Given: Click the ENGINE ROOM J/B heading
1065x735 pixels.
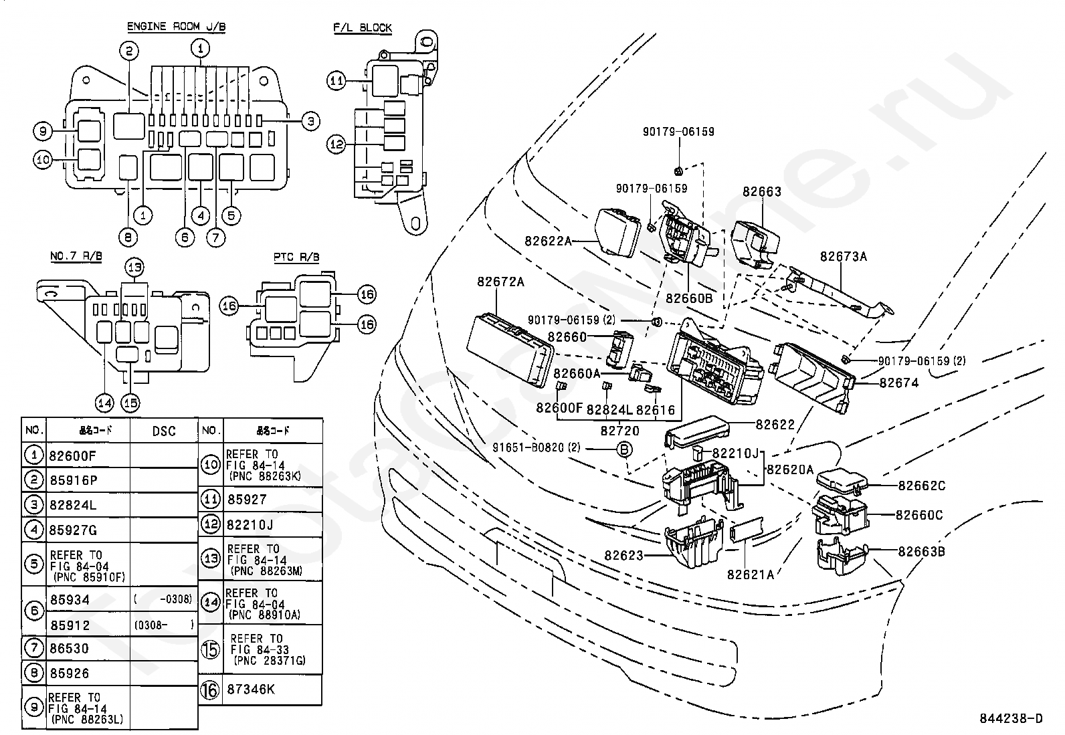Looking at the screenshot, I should click(x=177, y=27).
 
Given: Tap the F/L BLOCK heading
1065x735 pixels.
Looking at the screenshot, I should click(x=363, y=27).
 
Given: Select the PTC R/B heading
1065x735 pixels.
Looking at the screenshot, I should click(x=296, y=257).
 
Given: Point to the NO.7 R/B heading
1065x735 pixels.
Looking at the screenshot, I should click(x=76, y=257).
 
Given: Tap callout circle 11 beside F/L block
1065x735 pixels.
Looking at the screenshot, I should click(x=336, y=81).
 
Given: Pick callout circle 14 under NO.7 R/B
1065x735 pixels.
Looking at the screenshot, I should click(x=104, y=403).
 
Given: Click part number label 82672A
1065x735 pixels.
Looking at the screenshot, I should click(x=500, y=282).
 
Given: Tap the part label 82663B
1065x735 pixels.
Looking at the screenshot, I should click(x=921, y=552).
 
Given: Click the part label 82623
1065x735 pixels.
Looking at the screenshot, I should click(x=623, y=555).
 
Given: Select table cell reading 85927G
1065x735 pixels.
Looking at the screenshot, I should click(x=73, y=530).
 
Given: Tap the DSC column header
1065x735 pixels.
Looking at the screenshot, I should click(x=163, y=431).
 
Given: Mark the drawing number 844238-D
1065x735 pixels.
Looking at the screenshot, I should click(x=1011, y=719).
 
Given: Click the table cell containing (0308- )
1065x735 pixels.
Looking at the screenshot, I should click(x=163, y=625).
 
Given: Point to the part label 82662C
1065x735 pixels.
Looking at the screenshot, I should click(x=921, y=486).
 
